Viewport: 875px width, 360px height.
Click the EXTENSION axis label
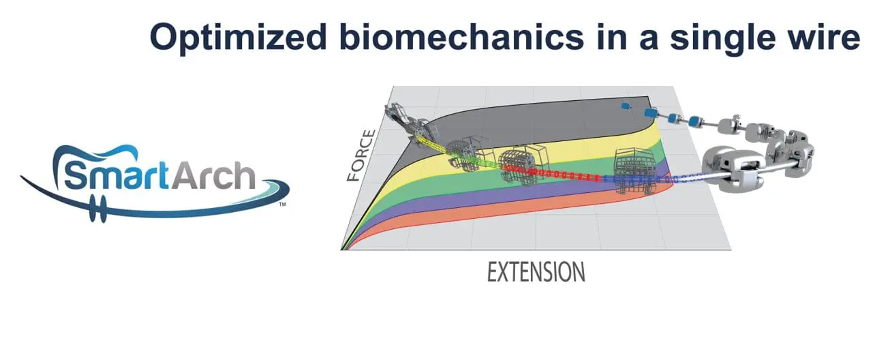(536, 272)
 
